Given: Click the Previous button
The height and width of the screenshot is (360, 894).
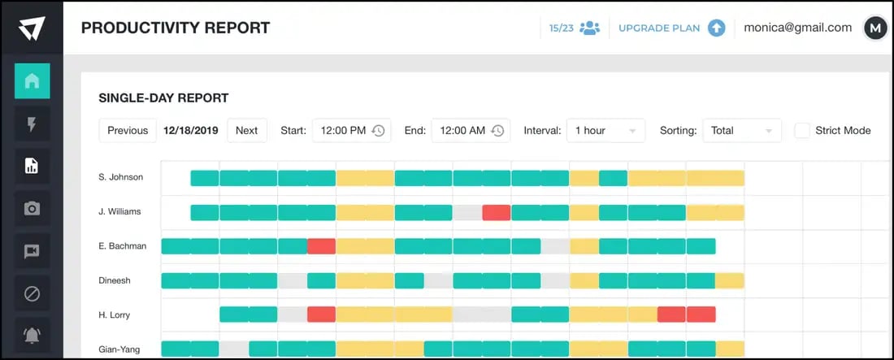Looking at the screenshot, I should pyautogui.click(x=128, y=130).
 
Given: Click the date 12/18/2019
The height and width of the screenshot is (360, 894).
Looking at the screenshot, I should pyautogui.click(x=190, y=130).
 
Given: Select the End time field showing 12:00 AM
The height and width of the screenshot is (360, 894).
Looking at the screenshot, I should pyautogui.click(x=471, y=130).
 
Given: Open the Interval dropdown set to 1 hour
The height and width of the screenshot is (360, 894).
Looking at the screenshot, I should pyautogui.click(x=605, y=130).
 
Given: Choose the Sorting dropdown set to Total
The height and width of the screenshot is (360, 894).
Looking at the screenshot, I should pyautogui.click(x=741, y=130).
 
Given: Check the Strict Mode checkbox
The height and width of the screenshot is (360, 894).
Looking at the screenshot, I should pyautogui.click(x=802, y=130).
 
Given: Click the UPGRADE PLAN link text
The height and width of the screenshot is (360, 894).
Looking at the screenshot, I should pyautogui.click(x=658, y=28).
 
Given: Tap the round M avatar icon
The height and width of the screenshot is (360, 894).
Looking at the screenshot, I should pyautogui.click(x=874, y=28).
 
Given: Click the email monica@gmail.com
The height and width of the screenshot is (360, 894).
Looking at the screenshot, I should pyautogui.click(x=797, y=28).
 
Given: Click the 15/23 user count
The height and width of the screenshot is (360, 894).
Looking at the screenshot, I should pyautogui.click(x=560, y=28).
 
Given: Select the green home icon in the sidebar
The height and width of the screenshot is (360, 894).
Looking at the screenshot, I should pyautogui.click(x=32, y=80).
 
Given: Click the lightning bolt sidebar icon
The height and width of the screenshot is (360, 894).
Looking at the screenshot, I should pyautogui.click(x=32, y=124).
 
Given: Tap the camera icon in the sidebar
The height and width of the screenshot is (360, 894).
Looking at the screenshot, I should pyautogui.click(x=32, y=209).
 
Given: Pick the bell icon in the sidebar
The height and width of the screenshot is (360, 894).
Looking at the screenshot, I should pyautogui.click(x=32, y=335).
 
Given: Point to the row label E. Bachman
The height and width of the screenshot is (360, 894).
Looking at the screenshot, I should pyautogui.click(x=122, y=245).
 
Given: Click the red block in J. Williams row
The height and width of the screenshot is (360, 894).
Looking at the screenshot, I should pyautogui.click(x=496, y=212).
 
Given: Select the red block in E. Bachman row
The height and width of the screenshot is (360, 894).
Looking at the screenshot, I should pyautogui.click(x=321, y=246).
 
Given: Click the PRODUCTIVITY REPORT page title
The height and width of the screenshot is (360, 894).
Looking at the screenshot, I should pyautogui.click(x=176, y=28).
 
